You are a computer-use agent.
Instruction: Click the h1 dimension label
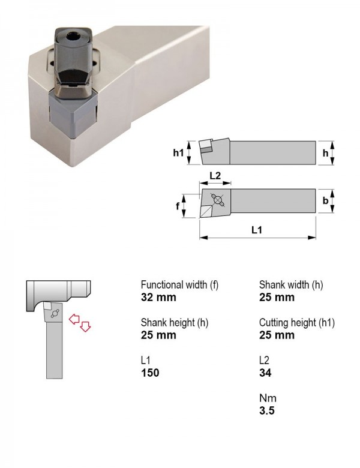pyautogui.click(x=178, y=153)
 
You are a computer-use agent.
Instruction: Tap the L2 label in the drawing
pyautogui.click(x=215, y=175)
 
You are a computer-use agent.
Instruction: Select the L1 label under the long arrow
pyautogui.click(x=257, y=230)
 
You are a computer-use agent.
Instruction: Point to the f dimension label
pyautogui.click(x=178, y=206)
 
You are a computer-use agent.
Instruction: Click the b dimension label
pyautogui.click(x=325, y=200)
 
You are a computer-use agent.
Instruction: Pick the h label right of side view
pyautogui.click(x=325, y=153)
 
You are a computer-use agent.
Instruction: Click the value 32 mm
pyautogui.click(x=158, y=297)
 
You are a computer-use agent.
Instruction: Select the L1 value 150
pyautogui.click(x=150, y=373)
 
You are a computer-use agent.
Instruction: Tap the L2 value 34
pyautogui.click(x=265, y=373)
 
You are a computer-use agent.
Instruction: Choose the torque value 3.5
pyautogui.click(x=266, y=410)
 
